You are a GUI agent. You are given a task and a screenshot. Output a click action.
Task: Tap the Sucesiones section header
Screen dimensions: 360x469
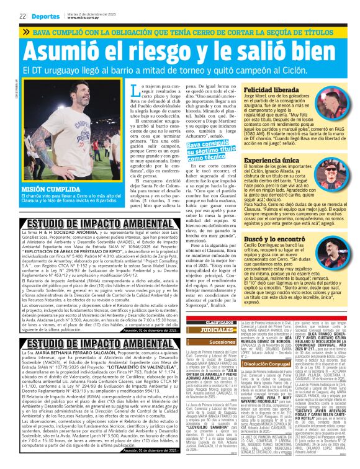point(205,341)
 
